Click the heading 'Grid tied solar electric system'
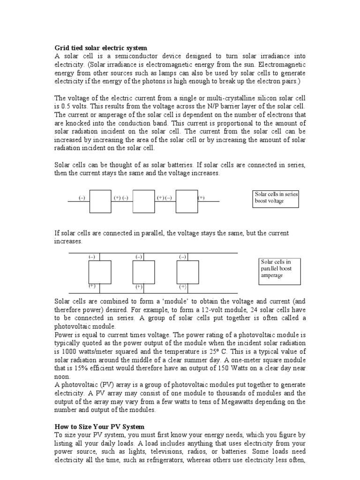(101, 48)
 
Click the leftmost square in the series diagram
(100, 201)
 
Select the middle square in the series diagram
(143, 201)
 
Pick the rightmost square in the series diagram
(187, 201)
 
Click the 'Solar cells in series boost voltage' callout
(276, 198)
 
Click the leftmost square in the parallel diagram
(100, 272)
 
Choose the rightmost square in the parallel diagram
(187, 272)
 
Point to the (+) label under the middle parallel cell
(139, 286)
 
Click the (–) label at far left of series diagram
(82, 198)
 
